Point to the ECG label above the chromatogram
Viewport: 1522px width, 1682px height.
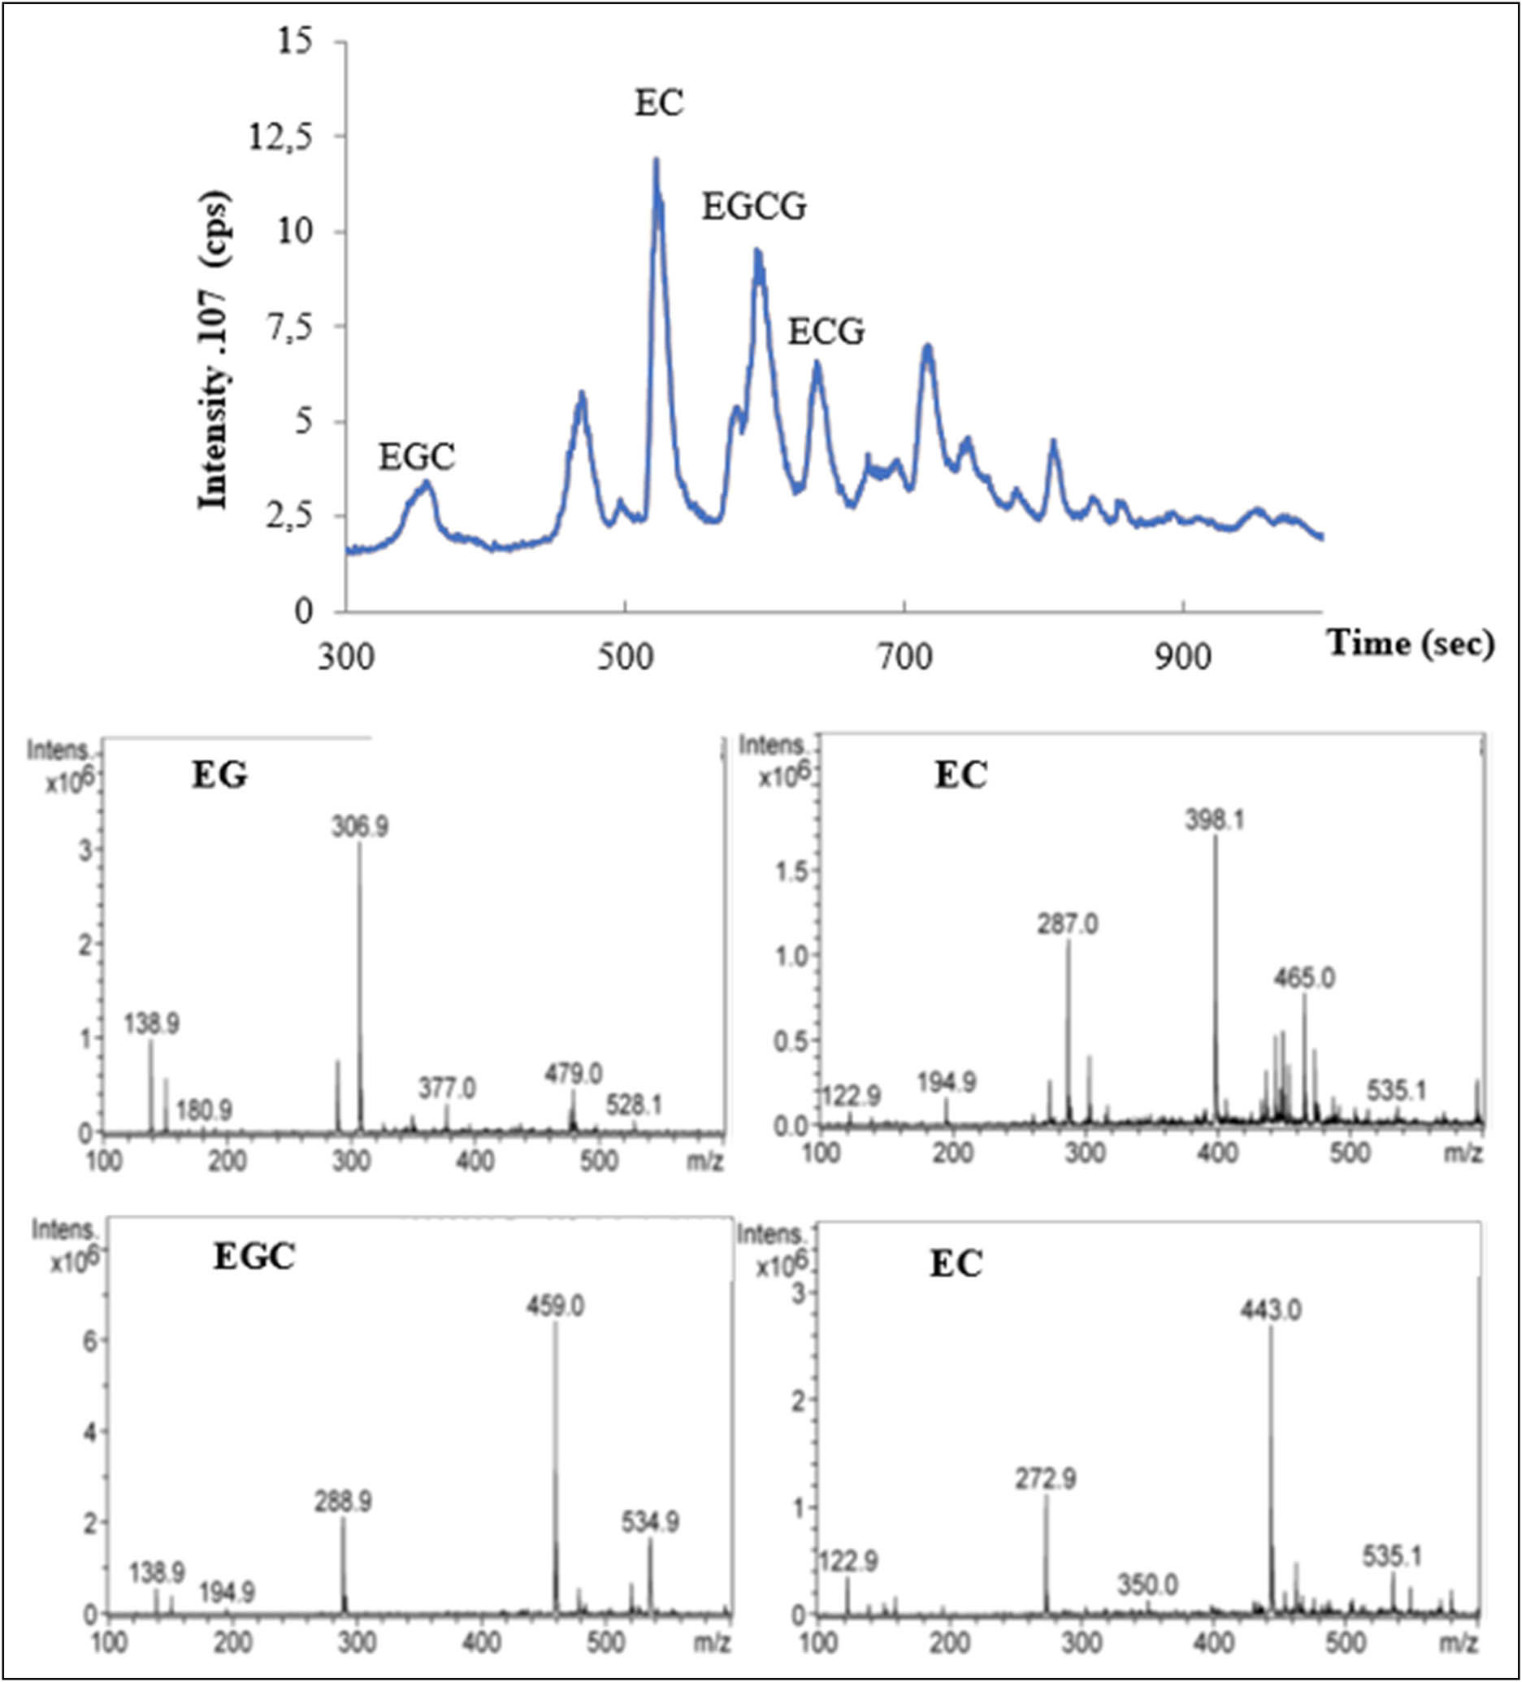coord(826,332)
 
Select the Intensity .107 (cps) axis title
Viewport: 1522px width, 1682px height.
coord(215,351)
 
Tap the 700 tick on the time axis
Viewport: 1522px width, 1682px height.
coord(904,658)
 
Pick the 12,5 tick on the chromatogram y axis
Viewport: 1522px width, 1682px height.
coord(280,137)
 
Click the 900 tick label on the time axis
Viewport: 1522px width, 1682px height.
coord(1182,658)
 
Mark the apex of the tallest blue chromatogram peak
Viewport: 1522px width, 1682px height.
coord(656,160)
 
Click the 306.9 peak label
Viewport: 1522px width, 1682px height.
coord(359,827)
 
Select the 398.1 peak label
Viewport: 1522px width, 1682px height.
coord(1215,821)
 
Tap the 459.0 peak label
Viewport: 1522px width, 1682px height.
coord(554,1305)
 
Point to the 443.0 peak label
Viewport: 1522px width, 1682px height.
coord(1271,1310)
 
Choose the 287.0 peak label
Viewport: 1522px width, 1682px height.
coord(1069,924)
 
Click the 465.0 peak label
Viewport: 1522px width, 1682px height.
coord(1304,978)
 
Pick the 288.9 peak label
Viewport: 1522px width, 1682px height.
coord(343,1502)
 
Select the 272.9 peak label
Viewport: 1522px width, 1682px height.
coord(1046,1480)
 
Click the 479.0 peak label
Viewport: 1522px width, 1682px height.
coord(573,1074)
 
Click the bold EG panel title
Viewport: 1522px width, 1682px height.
coord(220,776)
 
